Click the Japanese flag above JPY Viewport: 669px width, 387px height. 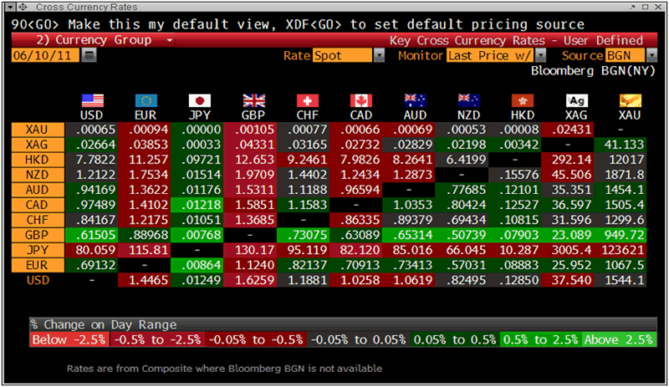(199, 101)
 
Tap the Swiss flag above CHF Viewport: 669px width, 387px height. (307, 101)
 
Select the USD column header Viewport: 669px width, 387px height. (91, 115)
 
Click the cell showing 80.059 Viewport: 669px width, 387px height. (91, 249)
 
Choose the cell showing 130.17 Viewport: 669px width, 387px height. (253, 249)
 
